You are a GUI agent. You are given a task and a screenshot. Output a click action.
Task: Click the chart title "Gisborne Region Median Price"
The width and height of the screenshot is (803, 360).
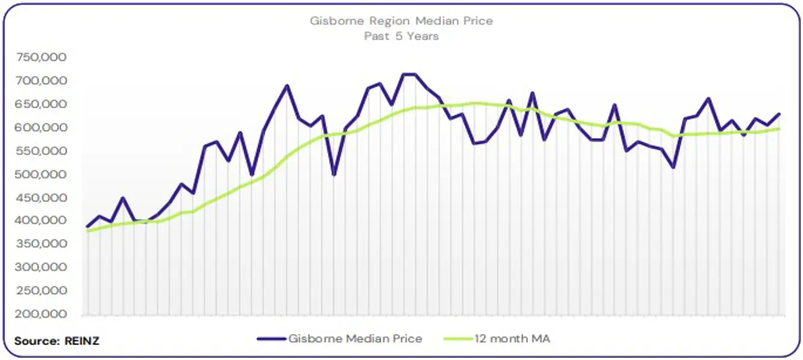[401, 21]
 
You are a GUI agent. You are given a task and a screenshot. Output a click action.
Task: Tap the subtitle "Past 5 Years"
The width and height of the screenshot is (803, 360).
[401, 36]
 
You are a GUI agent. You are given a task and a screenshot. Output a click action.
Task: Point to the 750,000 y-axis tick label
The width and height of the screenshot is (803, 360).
[42, 58]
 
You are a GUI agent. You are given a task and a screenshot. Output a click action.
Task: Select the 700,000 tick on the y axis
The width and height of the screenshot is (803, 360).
[42, 81]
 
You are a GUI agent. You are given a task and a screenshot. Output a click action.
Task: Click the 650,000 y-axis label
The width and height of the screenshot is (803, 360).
[42, 104]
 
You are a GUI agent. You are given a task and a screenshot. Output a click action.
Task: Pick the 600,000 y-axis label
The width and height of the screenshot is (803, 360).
[42, 128]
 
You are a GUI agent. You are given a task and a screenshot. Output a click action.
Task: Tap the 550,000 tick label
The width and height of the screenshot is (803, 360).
[42, 151]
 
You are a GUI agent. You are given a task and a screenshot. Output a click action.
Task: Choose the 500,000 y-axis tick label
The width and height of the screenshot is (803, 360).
[42, 175]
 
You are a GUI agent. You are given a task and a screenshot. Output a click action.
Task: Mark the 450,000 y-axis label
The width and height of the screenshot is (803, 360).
[42, 198]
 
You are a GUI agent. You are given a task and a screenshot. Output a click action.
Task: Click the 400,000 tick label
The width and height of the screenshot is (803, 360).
[42, 221]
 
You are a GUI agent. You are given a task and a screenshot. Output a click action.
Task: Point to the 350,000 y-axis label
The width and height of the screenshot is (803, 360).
[42, 244]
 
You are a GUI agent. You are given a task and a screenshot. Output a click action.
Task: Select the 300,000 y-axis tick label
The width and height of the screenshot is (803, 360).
[42, 268]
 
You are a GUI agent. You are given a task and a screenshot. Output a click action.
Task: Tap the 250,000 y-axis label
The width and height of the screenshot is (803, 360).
[42, 291]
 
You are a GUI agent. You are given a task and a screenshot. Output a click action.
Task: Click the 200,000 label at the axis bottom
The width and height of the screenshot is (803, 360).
[42, 314]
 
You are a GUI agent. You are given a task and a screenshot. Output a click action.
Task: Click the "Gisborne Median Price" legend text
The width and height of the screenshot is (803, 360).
[355, 339]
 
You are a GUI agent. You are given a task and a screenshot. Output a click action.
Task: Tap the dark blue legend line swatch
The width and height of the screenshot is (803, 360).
[271, 339]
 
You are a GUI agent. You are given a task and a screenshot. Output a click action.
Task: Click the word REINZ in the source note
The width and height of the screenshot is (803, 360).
[83, 341]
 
